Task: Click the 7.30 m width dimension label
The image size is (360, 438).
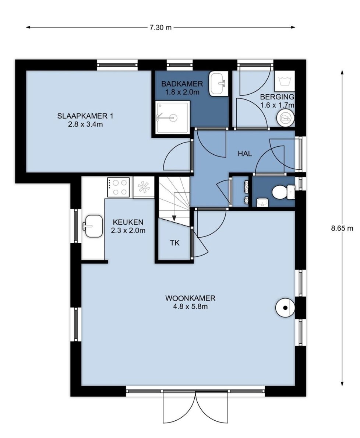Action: tap(160, 27)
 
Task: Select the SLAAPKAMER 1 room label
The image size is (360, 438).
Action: tap(85, 116)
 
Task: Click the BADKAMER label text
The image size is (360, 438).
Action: tap(182, 84)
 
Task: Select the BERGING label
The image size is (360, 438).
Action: tap(277, 97)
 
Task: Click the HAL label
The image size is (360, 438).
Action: tap(245, 153)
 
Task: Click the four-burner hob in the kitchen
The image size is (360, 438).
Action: tap(118, 187)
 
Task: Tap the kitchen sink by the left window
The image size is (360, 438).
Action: tap(92, 226)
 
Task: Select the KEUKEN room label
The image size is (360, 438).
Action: tap(128, 222)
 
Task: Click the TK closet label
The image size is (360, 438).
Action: tap(175, 243)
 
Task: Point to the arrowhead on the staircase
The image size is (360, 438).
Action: tap(174, 218)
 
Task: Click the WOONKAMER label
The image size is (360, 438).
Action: tap(190, 298)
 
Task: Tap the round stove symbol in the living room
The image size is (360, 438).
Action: tap(285, 308)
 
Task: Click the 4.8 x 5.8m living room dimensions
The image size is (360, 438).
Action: tap(190, 306)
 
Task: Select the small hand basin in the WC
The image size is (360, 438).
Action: tap(262, 202)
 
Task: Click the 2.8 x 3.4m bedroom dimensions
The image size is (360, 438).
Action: tap(85, 124)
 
